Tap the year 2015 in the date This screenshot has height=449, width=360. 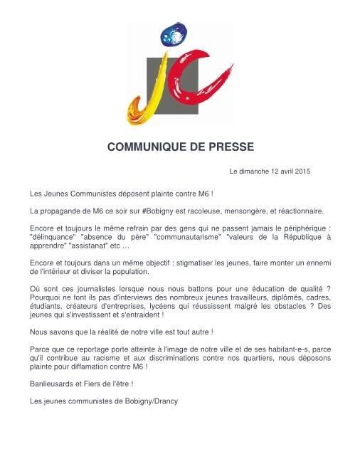[x=302, y=171]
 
